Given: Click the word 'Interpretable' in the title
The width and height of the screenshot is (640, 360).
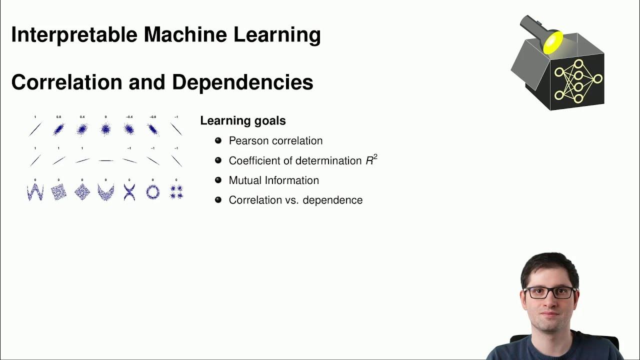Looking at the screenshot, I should tap(74, 35).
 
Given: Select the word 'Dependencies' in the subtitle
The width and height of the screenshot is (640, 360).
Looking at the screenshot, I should tap(242, 82).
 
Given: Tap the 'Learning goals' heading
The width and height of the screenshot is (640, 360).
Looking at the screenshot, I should tap(243, 120).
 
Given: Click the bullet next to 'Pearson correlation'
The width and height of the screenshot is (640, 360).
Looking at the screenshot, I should tap(218, 140).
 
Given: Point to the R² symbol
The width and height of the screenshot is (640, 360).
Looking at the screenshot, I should tap(371, 160).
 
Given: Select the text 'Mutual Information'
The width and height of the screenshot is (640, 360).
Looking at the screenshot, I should tap(273, 180).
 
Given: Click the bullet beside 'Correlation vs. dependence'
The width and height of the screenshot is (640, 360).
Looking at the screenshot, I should tap(218, 200).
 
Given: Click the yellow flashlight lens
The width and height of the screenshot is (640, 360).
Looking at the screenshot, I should tap(552, 42).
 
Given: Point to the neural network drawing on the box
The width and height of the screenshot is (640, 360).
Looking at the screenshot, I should tap(578, 81).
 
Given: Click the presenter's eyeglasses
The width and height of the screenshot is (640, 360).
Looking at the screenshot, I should tap(549, 292).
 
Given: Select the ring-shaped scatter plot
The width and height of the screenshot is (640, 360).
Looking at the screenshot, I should tap(152, 192).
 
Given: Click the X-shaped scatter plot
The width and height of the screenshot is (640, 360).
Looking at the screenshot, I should tap(129, 192).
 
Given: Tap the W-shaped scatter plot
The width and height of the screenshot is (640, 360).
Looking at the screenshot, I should tap(35, 192).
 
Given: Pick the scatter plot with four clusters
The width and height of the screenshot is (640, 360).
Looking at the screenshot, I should tap(176, 192).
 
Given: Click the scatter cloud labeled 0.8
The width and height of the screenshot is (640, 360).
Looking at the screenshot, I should tap(58, 129).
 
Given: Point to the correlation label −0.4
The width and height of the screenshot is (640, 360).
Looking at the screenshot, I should tap(129, 117).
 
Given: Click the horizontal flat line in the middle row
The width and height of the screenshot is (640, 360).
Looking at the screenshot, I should tap(105, 160).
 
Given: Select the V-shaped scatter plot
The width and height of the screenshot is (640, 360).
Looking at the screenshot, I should tap(105, 192).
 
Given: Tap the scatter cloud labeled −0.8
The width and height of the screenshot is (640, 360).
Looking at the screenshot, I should tap(152, 129).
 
